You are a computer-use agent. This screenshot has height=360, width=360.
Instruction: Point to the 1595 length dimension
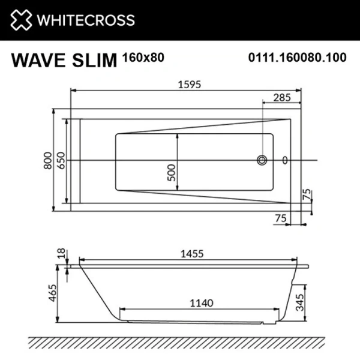(x=187, y=84)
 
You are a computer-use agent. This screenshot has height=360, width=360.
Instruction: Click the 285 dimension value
(x=283, y=97)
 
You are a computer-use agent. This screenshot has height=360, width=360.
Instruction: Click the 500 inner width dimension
(x=170, y=173)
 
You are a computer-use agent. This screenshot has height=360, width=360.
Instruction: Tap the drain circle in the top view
(x=262, y=160)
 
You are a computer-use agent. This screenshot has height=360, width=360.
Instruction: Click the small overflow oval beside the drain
(x=285, y=160)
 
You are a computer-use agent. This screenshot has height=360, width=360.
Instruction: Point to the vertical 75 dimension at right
(x=307, y=194)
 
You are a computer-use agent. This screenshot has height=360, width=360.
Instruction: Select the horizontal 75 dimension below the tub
(x=280, y=219)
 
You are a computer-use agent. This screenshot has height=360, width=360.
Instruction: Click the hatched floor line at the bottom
(x=180, y=343)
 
